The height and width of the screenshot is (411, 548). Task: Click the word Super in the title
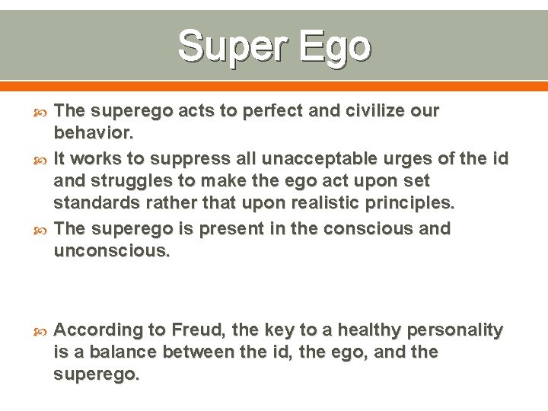tap(232, 47)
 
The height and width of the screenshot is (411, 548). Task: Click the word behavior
tap(94, 134)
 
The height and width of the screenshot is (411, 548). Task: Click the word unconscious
tap(112, 251)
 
